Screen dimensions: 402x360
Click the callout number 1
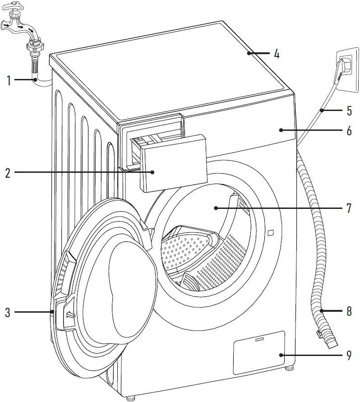(8, 81)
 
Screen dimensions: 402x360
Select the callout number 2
(8, 173)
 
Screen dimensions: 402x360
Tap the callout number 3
(8, 312)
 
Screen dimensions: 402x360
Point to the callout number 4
(277, 54)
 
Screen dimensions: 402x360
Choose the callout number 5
(349, 111)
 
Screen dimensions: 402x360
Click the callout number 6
(349, 131)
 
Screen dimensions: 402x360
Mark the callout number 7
(349, 208)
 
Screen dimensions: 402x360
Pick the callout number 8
(349, 311)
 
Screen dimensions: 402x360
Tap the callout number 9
(349, 356)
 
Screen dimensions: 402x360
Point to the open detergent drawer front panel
(174, 165)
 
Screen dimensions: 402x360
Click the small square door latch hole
(270, 232)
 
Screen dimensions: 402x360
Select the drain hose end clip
(319, 334)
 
